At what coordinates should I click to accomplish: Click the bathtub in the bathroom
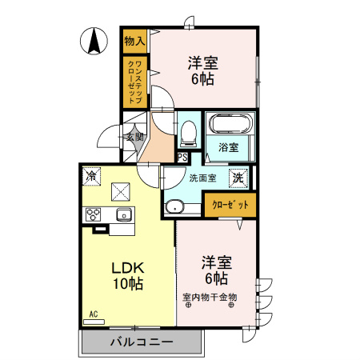[230, 125]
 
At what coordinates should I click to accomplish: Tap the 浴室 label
[229, 147]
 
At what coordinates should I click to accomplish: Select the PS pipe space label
[182, 158]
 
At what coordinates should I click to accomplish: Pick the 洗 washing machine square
[239, 178]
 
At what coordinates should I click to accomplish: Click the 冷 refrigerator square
[92, 175]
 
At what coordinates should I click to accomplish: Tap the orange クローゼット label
[230, 206]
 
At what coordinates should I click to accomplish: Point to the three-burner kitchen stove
[94, 214]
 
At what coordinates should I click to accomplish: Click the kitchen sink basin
[124, 214]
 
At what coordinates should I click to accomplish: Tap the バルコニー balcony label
[141, 342]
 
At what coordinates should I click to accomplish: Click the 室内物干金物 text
[210, 297]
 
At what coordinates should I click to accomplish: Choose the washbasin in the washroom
[174, 208]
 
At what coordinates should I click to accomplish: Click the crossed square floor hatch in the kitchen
[122, 191]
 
